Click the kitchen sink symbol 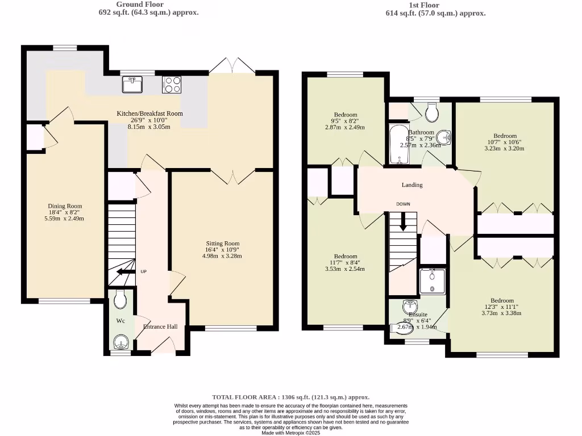tap(132, 85)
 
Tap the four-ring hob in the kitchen tap(172, 85)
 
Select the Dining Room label tap(65, 206)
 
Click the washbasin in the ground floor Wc tap(121, 342)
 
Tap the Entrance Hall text tap(160, 326)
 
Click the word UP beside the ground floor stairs tap(143, 272)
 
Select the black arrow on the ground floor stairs tap(123, 272)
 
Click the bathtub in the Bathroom tap(396, 145)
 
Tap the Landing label tap(412, 185)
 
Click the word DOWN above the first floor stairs tap(403, 204)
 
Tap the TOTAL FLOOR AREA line tap(290, 397)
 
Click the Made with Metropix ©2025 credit tap(290, 433)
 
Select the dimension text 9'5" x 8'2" tap(346, 121)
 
